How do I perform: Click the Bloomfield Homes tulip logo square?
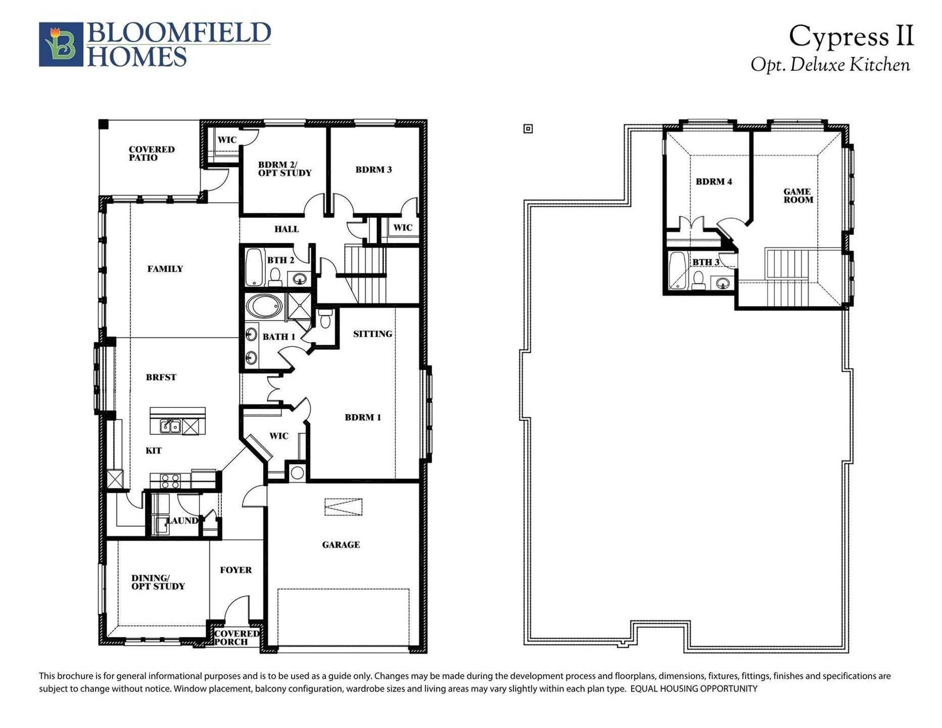(61, 44)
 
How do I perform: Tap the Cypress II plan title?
(851, 36)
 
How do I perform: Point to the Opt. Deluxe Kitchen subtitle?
(830, 65)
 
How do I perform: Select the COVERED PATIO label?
(152, 153)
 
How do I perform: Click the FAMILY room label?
(165, 269)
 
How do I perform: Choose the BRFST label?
(161, 377)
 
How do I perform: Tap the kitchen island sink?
(171, 426)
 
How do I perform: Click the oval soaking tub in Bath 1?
(264, 306)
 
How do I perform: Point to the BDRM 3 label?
(373, 170)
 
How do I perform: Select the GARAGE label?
(341, 544)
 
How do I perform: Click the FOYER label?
(236, 570)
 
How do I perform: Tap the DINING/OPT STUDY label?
(158, 582)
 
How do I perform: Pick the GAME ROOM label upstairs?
(798, 196)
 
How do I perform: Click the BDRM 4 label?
(714, 181)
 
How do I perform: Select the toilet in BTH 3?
(698, 280)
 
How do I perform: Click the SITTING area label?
(372, 334)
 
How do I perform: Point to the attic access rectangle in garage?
(343, 507)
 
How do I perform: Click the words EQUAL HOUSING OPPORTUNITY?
(694, 689)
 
